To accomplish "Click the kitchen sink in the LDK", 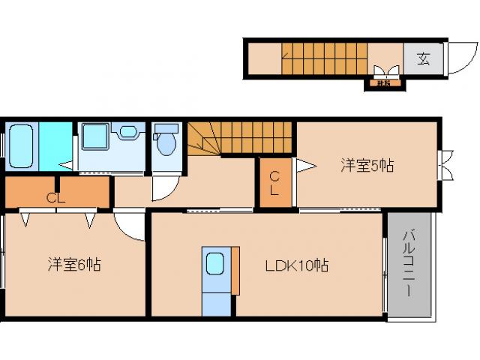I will point(216,264).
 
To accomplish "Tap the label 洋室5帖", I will point(367,166).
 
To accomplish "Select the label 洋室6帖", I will point(74,264).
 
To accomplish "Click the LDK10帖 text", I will point(295,265).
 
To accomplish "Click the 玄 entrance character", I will point(424,58).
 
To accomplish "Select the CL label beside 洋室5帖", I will point(274,183).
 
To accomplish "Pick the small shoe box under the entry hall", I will point(383,82).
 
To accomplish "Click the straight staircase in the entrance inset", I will point(323,58).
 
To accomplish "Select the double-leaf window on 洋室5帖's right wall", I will point(447,166).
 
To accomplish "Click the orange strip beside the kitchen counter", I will point(235,268).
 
